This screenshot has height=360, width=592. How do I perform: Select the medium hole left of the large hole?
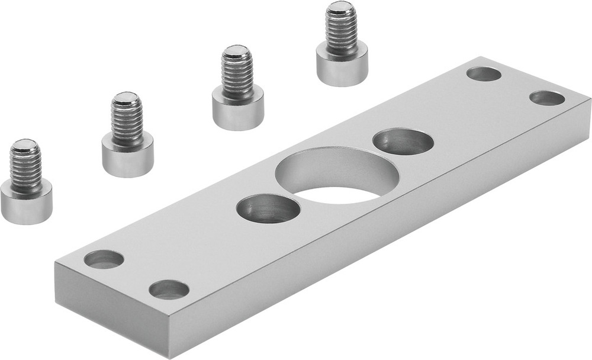(268, 209)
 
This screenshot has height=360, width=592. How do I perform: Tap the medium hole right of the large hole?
(403, 142)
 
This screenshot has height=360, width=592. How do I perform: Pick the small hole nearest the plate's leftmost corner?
(104, 259)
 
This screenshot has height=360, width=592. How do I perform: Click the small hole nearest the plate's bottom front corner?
(169, 289)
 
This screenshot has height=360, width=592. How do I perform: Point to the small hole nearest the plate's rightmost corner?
(547, 98)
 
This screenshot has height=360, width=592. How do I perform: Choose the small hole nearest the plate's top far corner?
(484, 74)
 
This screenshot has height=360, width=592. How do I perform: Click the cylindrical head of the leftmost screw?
(26, 202)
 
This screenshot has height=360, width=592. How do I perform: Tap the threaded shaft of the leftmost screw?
(25, 169)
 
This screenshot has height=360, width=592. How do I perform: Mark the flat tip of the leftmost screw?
(24, 144)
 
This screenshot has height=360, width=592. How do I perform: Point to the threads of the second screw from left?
(127, 121)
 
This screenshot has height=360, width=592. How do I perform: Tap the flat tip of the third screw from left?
(236, 50)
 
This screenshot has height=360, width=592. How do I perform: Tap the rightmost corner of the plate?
(590, 101)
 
